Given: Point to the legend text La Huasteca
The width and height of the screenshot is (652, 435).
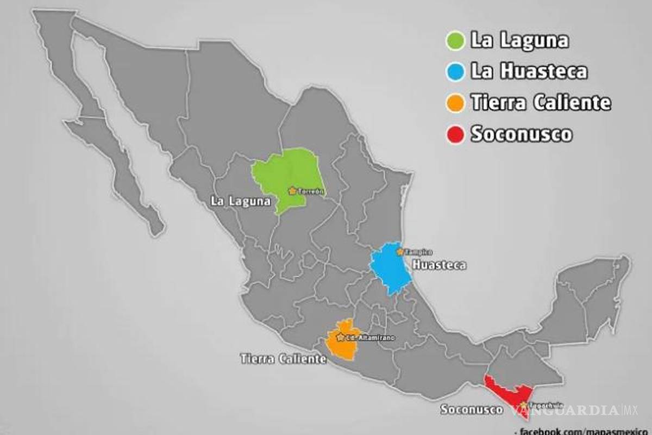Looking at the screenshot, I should pos(529,71).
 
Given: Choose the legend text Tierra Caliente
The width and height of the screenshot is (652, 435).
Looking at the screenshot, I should pos(540,102).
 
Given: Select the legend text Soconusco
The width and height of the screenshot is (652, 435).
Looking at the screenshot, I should pos(521,134).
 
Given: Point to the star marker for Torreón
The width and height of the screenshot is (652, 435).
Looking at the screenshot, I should pos(292,191).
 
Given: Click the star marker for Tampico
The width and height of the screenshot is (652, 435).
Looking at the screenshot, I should pos(400,252).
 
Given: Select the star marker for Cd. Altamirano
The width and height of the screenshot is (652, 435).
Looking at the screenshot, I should pos(341,338).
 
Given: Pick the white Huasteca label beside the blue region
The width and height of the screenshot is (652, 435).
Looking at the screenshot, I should pos(439,265).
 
